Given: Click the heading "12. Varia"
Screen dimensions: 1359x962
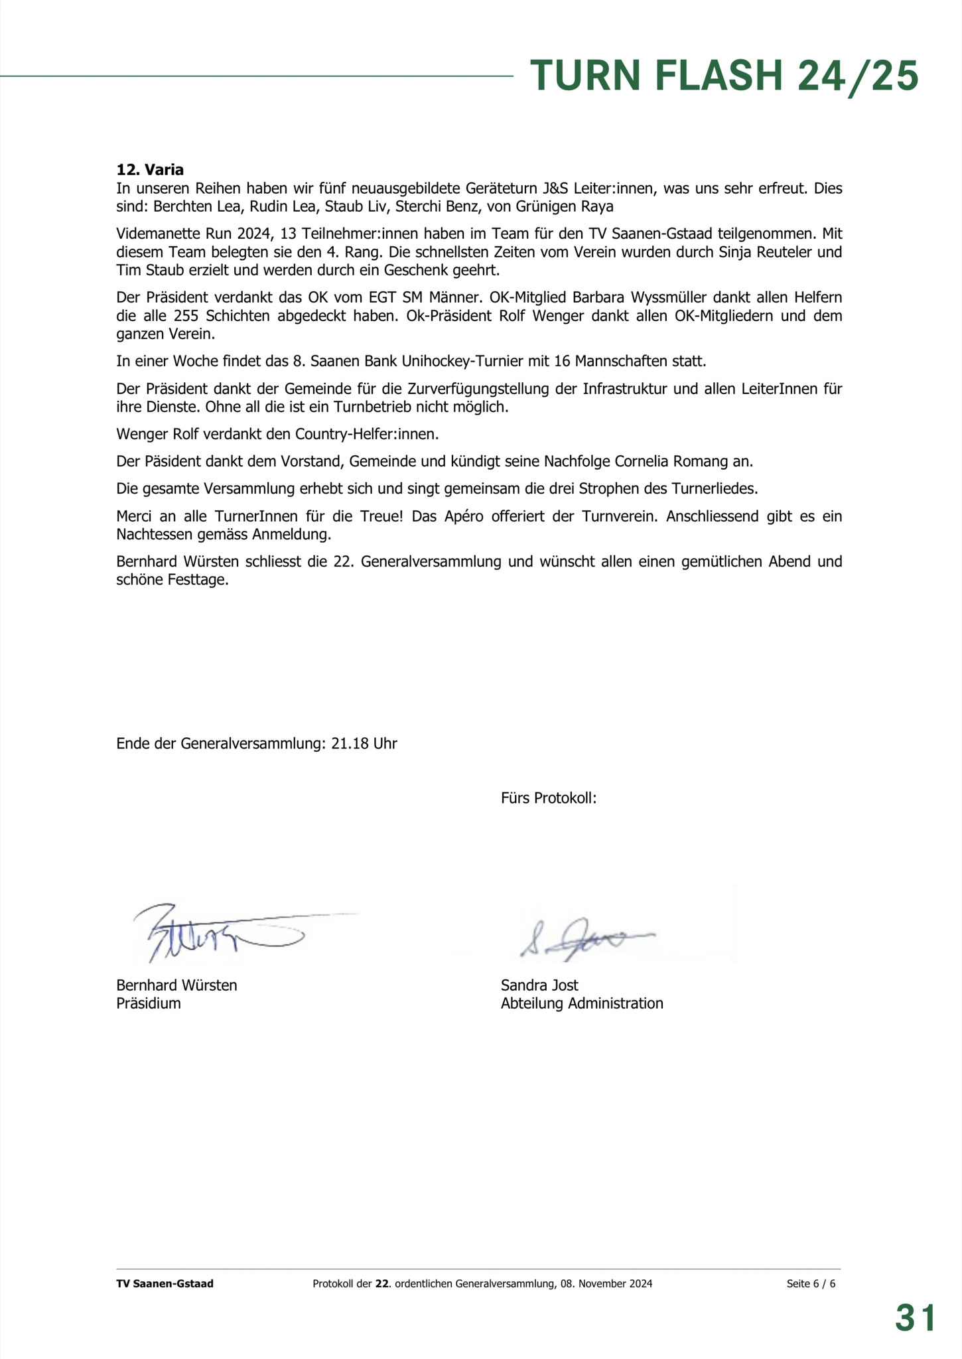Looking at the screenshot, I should click(150, 170).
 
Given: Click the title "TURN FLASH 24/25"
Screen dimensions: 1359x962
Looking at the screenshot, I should click(724, 76).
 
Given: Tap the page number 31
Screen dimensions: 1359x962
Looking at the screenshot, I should click(915, 1317).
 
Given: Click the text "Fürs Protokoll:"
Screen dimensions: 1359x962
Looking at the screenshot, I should click(549, 798).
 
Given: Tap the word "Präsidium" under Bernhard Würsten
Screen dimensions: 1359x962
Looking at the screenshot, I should click(149, 1003).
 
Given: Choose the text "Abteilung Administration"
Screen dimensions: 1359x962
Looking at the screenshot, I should click(582, 1003).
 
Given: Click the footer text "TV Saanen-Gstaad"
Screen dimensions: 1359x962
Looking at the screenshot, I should click(165, 1283).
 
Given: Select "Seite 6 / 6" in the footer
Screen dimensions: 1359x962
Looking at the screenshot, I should click(811, 1283).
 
